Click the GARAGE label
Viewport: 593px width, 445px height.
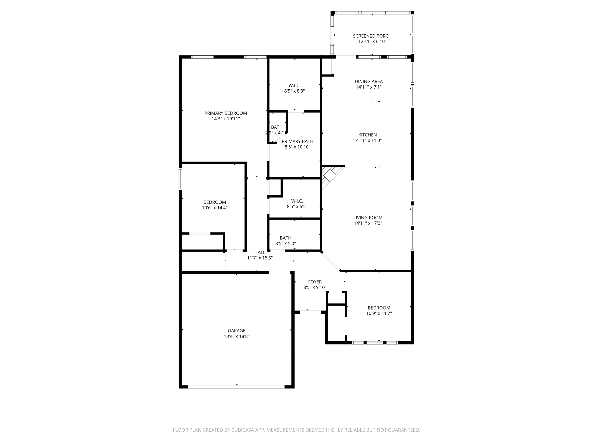pos(236,331)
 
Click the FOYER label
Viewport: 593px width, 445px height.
pos(315,282)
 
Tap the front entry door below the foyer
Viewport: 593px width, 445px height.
pos(310,312)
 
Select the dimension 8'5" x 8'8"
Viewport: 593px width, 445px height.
pos(294,91)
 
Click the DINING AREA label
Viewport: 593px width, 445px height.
pos(369,81)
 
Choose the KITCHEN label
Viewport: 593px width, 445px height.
pos(367,135)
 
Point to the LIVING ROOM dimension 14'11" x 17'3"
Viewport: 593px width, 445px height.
pos(368,223)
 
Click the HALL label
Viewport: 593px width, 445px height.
pos(260,252)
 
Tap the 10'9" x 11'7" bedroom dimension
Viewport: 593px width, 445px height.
pos(379,313)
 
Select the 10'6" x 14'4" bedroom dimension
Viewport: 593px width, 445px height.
pos(214,208)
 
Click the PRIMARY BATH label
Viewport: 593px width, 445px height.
pos(297,141)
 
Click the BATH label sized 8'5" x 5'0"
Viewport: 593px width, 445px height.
pos(285,238)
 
